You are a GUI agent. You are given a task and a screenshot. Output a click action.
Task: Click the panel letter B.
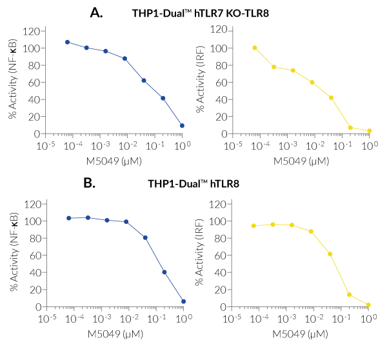click(x=90, y=183)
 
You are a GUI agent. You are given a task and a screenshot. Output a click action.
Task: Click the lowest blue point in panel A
click(x=183, y=126)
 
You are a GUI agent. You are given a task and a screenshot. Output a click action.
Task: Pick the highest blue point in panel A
click(x=68, y=42)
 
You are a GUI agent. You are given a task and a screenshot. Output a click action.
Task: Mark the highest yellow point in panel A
click(x=255, y=48)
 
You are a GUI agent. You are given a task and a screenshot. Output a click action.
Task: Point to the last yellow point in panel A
click(x=369, y=131)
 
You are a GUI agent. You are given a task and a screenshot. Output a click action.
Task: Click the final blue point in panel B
click(x=184, y=301)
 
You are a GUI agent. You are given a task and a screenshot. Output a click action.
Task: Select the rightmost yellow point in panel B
click(x=368, y=305)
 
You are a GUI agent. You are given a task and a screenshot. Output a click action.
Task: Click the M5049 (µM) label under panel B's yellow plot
click(x=301, y=335)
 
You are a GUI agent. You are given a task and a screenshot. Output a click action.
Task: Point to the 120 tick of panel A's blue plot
click(x=30, y=31)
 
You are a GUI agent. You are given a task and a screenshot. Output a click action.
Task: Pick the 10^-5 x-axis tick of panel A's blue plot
click(x=45, y=145)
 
